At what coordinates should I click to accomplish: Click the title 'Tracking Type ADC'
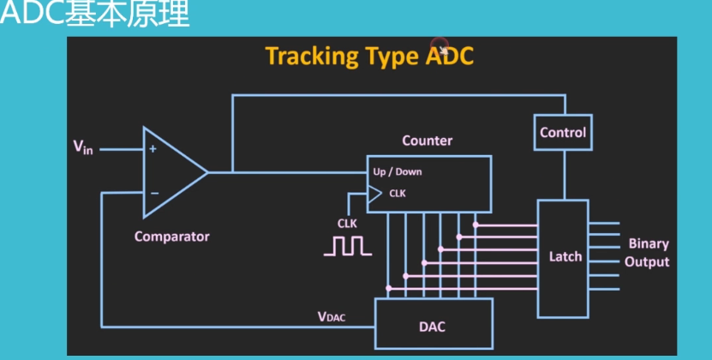pos(369,57)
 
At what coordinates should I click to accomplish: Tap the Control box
pos(563,132)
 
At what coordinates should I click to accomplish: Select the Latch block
pos(563,257)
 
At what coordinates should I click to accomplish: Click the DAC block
pos(433,326)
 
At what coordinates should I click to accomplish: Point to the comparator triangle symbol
pos(171,171)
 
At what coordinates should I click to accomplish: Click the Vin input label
pos(82,147)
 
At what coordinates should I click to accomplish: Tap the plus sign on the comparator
pos(153,148)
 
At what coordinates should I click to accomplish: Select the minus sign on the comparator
pos(153,193)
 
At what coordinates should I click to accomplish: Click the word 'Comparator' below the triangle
pos(171,237)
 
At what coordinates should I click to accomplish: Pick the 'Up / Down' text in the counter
pos(398,171)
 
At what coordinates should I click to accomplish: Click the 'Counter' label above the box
pos(427,141)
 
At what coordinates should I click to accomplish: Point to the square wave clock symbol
pos(347,246)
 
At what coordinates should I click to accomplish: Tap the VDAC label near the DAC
pos(332,316)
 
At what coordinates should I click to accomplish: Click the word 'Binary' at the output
pos(649,244)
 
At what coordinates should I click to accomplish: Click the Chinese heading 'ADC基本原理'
pos(94,15)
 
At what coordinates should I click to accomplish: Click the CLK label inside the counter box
pos(398,194)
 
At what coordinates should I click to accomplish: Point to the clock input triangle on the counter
pos(374,195)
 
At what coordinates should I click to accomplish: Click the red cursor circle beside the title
pos(440,45)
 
